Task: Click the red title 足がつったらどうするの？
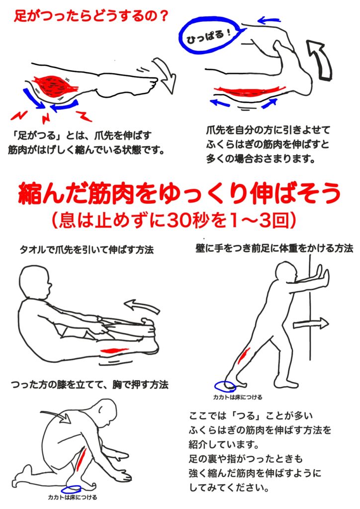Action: pos(91,15)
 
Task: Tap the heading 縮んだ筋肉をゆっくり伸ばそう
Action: pos(180,194)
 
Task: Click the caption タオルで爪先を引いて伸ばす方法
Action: pos(87,250)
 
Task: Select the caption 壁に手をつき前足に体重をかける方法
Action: pos(274,249)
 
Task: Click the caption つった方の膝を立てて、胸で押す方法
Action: pos(90,385)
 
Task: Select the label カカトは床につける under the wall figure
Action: pos(238,397)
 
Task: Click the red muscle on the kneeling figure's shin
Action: pos(81,458)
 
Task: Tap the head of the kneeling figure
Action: pos(106,413)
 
